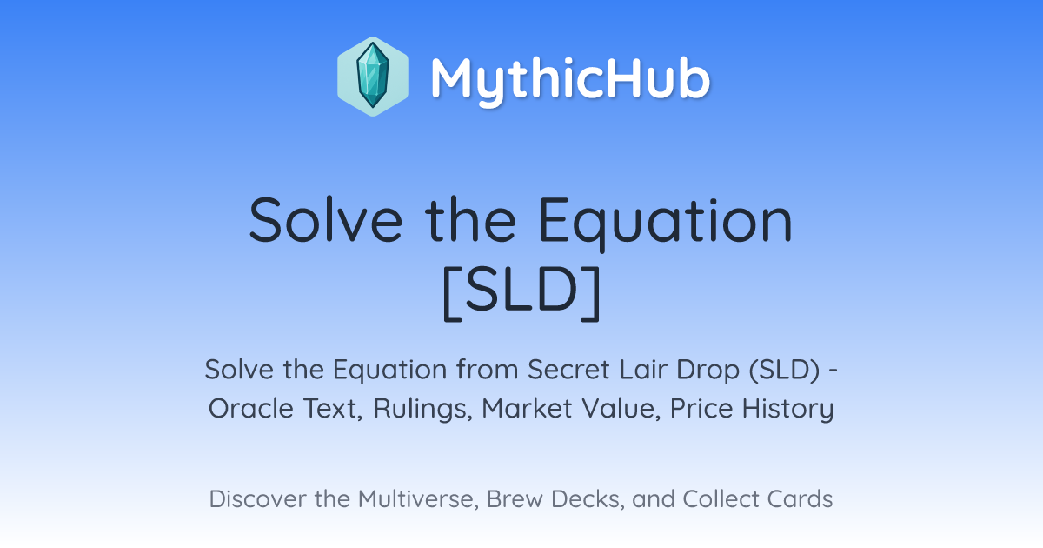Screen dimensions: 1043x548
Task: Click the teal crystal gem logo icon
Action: point(373,77)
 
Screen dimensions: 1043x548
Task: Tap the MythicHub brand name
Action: point(570,79)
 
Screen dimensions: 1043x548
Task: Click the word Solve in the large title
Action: point(325,219)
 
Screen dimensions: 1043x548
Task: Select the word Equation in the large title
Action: point(666,222)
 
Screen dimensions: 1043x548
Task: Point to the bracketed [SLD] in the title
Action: point(521,293)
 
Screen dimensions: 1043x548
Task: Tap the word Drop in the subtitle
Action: point(708,371)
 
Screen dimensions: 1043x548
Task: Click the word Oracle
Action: point(250,409)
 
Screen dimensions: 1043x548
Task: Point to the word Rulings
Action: point(422,410)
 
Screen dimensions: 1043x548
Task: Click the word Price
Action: point(701,409)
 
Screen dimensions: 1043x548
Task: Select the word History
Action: point(787,410)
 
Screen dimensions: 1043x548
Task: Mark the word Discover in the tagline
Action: point(257,498)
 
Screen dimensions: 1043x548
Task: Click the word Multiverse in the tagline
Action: point(417,499)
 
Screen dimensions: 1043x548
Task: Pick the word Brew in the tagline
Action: point(515,498)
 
